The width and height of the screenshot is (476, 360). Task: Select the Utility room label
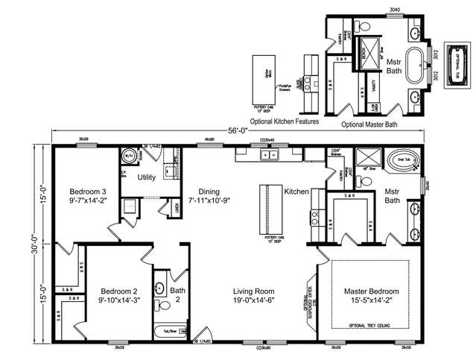coord(146,177)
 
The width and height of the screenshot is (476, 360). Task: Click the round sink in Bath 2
coord(159,287)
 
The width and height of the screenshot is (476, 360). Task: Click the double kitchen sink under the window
coord(267,155)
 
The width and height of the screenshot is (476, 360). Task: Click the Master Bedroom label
coord(371,291)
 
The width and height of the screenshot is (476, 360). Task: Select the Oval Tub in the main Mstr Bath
coord(396,158)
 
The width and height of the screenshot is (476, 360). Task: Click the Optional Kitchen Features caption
coord(285,121)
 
